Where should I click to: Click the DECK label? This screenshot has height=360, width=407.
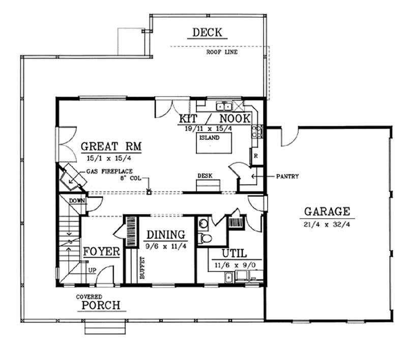[x=207, y=33]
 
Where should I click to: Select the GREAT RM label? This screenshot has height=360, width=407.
[x=111, y=147]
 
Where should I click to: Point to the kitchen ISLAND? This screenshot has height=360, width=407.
[x=210, y=144]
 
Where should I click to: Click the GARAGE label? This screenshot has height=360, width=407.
[x=327, y=211]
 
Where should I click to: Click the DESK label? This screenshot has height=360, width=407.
[x=205, y=176]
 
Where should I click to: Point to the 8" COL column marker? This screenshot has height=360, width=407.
[x=149, y=192]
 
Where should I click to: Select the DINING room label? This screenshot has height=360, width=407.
[x=166, y=234]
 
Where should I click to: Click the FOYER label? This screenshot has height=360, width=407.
[x=101, y=252]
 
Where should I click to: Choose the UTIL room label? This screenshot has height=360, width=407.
[x=234, y=253]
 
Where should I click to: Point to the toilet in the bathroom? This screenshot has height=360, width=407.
[x=205, y=238]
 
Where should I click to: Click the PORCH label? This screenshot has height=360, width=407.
[x=99, y=305]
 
